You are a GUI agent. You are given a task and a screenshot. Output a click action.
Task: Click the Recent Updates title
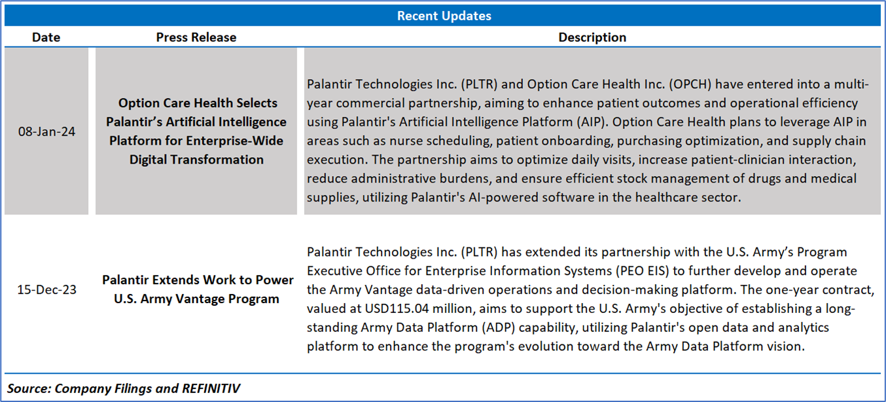[x=444, y=16]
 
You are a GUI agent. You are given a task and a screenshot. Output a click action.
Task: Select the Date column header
[x=46, y=37]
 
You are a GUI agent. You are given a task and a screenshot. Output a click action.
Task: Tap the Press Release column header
[x=196, y=37]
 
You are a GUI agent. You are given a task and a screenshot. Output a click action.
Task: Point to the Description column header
[x=592, y=37]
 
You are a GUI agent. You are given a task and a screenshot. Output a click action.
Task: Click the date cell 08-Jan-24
[x=46, y=132]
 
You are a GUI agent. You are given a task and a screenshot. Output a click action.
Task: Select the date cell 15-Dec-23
[x=46, y=289]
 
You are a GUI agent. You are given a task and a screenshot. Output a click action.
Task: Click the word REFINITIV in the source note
[x=211, y=388]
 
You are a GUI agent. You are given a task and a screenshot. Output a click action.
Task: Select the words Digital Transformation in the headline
[x=196, y=160]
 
